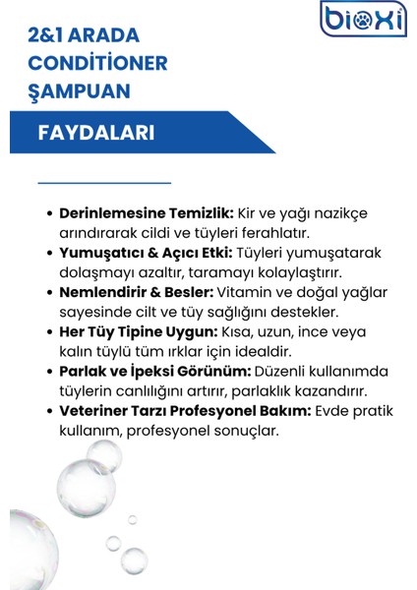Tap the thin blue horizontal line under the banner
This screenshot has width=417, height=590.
coord(104,183)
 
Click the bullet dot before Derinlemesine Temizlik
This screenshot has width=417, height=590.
coord(50,213)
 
